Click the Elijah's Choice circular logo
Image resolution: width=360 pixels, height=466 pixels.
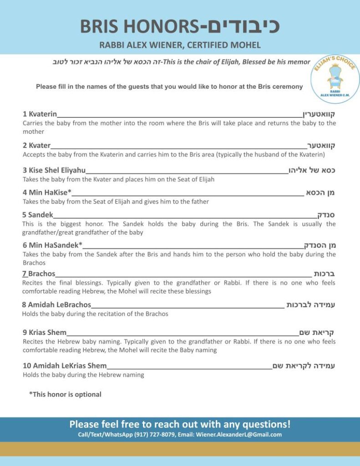click(335, 77)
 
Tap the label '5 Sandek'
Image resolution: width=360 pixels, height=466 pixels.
click(38, 215)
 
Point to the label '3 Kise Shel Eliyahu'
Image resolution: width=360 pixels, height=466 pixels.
click(54, 171)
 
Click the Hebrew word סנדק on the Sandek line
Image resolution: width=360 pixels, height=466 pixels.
click(326, 215)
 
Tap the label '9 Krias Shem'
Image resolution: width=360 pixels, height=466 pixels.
click(44, 333)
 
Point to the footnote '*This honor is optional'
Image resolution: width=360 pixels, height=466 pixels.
click(65, 395)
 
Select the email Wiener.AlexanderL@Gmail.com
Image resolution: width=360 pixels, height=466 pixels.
click(238, 435)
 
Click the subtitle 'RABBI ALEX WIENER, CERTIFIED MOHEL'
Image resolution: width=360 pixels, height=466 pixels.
click(180, 45)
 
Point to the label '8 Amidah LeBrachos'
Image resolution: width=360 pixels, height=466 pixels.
click(56, 305)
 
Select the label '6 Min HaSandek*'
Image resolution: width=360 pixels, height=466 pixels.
click(52, 245)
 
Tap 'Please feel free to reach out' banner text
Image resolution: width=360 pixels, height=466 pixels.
click(180, 424)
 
